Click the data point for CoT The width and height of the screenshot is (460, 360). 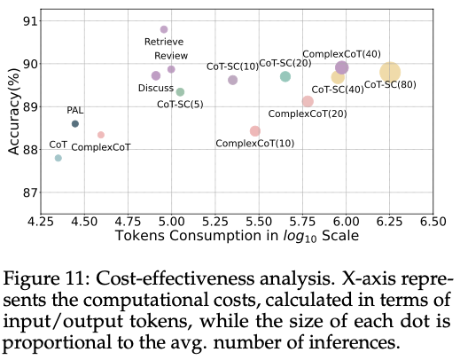(58, 158)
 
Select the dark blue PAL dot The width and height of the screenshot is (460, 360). (75, 124)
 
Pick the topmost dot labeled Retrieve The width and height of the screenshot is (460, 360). (164, 29)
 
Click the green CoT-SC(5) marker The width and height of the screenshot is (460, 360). (180, 92)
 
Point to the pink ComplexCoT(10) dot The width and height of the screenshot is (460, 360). (255, 131)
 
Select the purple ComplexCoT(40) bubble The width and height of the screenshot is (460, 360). (342, 67)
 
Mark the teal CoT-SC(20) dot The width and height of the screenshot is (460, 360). (285, 77)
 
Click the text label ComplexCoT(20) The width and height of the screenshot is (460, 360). (307, 113)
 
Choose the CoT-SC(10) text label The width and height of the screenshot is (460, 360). (232, 67)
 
